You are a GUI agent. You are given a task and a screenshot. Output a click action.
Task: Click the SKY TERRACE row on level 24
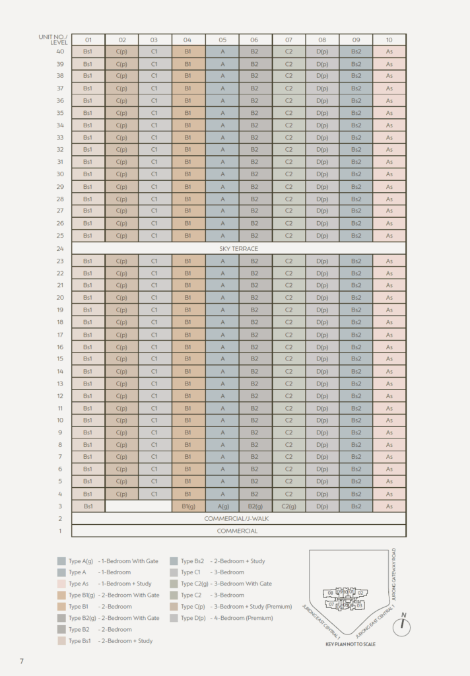click(238, 248)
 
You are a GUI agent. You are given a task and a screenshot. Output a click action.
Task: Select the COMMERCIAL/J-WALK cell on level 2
click(238, 518)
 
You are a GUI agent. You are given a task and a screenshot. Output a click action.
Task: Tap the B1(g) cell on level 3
click(188, 506)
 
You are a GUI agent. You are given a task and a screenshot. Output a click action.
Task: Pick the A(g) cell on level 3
click(222, 506)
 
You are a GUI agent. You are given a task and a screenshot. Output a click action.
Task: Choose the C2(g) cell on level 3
click(288, 506)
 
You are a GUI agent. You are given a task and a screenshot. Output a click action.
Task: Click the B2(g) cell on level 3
click(255, 506)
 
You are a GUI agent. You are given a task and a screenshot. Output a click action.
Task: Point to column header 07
click(288, 40)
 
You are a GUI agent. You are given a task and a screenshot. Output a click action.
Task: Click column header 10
click(389, 40)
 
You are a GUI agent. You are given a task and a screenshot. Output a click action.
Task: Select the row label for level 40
click(60, 51)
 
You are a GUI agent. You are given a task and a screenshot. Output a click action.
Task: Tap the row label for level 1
click(60, 531)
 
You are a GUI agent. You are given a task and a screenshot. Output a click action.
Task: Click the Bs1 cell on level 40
click(88, 51)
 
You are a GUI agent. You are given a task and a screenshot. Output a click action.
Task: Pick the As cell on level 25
click(389, 236)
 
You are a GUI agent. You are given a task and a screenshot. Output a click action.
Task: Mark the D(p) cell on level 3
click(322, 506)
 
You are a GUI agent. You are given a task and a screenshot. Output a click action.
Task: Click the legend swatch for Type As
click(61, 584)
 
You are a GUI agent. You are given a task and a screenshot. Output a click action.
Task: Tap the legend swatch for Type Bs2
click(174, 561)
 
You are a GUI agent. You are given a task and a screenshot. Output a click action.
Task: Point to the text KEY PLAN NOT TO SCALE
click(350, 644)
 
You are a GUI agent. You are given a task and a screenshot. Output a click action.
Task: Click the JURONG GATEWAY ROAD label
click(393, 572)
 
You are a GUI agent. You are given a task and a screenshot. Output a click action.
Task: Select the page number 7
click(22, 660)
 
